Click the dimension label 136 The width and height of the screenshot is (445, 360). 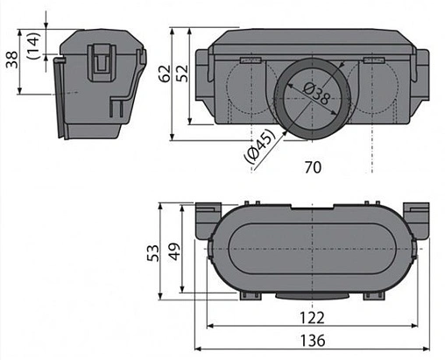[x=313, y=341]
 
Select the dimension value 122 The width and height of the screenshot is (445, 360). [x=312, y=318]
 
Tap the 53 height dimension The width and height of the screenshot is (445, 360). [x=153, y=253]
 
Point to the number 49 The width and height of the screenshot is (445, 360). [x=175, y=251]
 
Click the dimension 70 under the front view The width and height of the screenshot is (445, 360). [x=313, y=167]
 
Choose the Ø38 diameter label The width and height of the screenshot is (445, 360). [x=316, y=93]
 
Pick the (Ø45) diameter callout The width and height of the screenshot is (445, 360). [x=259, y=145]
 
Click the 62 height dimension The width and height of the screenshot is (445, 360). [x=165, y=74]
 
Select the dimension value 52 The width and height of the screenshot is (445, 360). [x=182, y=74]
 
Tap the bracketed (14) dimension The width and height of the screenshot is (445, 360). [x=33, y=46]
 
